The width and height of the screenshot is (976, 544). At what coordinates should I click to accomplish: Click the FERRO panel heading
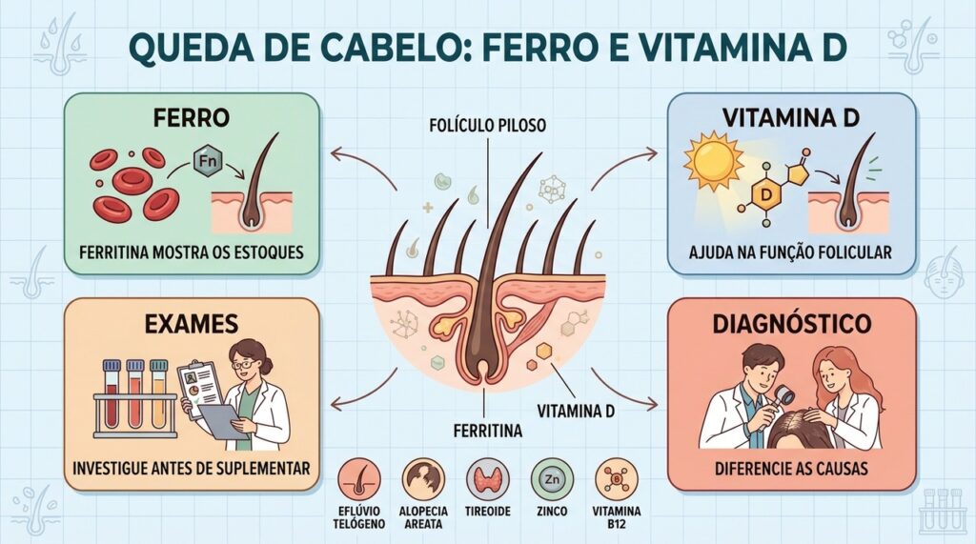[x=191, y=117]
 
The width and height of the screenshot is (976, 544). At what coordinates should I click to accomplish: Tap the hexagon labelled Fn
[x=207, y=162]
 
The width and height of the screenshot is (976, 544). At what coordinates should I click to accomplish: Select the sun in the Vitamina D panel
[x=713, y=163]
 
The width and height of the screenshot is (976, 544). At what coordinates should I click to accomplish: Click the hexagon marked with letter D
[x=765, y=195]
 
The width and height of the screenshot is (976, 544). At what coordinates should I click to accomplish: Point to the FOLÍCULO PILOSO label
[x=487, y=125]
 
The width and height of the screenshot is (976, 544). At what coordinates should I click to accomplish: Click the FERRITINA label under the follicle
[x=487, y=430]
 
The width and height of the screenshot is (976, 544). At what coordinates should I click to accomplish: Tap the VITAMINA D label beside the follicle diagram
[x=576, y=411]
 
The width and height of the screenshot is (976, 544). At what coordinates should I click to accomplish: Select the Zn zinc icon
[x=552, y=480]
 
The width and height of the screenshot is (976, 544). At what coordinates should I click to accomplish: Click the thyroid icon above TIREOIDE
[x=487, y=480]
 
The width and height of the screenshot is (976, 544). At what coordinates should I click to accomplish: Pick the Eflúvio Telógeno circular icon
[x=359, y=480]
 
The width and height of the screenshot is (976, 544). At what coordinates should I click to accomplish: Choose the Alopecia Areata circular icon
[x=423, y=480]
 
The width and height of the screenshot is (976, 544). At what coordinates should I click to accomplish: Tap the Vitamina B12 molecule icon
[x=617, y=480]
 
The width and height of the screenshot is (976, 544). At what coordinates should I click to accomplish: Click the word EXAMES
[x=191, y=324]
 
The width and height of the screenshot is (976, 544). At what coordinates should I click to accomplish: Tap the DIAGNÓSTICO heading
[x=792, y=324]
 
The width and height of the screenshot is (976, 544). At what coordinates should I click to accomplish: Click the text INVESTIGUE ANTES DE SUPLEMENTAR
[x=191, y=468]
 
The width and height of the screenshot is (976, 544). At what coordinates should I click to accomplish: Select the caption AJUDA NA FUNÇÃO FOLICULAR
[x=790, y=252]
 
